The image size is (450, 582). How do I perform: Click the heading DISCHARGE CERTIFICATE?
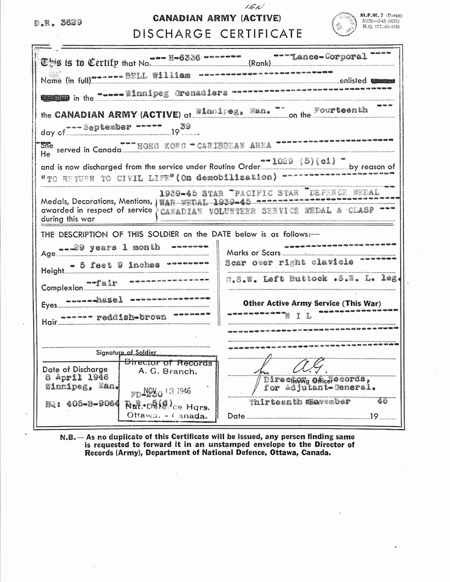(218, 34)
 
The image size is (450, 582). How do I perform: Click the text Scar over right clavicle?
(290, 262)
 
